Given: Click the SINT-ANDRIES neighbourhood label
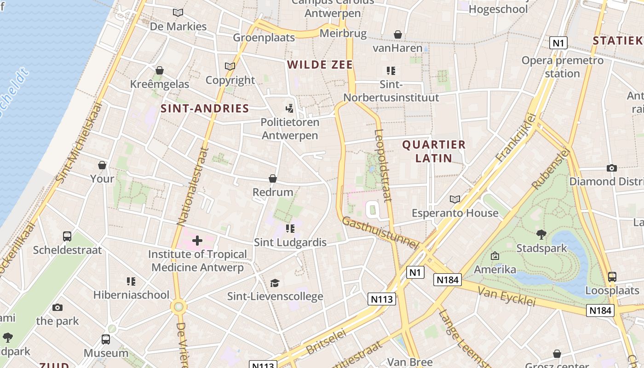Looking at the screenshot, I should click(x=205, y=109).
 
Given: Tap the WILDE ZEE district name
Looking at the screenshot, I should click(x=320, y=65).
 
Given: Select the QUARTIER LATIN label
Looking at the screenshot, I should click(x=434, y=151).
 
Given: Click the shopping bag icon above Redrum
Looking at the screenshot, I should click(x=273, y=178).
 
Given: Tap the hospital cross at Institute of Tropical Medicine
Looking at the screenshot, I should click(x=197, y=241).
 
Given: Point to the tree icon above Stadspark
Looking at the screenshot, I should click(x=541, y=235).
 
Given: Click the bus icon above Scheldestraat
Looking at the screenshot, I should click(x=67, y=236).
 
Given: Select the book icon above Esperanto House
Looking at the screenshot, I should click(x=455, y=199).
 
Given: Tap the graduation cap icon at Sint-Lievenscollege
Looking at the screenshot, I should click(x=275, y=283).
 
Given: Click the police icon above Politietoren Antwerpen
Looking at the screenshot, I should click(x=289, y=109).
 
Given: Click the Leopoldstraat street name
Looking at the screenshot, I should click(x=383, y=166).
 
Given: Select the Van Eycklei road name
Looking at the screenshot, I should click(x=506, y=296).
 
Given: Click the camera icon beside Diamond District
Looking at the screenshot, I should click(x=611, y=168).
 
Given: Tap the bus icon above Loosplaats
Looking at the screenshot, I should click(x=612, y=277).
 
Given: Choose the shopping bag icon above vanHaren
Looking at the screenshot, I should click(x=397, y=34).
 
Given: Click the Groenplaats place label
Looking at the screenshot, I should click(x=264, y=38).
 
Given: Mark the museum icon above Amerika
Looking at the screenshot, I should click(x=495, y=256).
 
